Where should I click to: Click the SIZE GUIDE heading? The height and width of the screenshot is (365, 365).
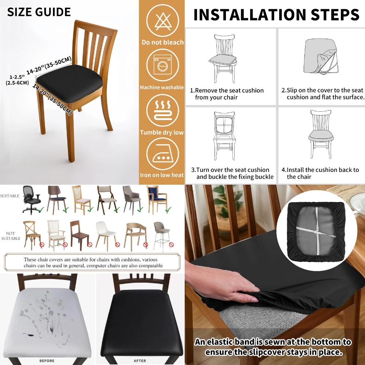pyautogui.click(x=39, y=12)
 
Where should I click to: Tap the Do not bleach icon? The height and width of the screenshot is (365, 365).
pyautogui.click(x=162, y=20)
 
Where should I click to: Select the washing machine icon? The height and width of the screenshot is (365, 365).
pyautogui.click(x=162, y=65)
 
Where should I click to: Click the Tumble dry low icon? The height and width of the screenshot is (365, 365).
pyautogui.click(x=162, y=110)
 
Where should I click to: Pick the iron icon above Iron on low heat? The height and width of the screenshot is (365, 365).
pyautogui.click(x=162, y=155)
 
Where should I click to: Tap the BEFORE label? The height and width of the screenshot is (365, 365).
pyautogui.click(x=47, y=361)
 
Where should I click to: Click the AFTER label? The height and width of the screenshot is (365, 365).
pyautogui.click(x=139, y=361)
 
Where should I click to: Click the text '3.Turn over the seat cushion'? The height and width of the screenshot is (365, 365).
pyautogui.click(x=230, y=170)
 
